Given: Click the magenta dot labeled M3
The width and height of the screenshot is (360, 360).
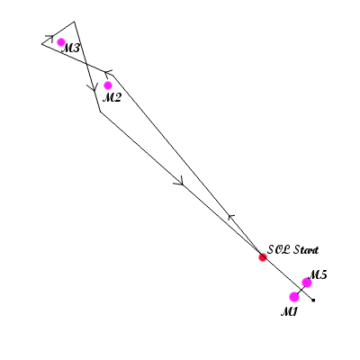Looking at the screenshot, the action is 61,42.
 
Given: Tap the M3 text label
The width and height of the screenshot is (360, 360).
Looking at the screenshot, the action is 71,48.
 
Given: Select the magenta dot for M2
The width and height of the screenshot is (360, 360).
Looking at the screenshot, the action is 108,85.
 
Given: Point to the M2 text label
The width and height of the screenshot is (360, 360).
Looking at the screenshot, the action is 112,97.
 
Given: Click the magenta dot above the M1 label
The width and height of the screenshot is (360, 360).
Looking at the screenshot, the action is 294,297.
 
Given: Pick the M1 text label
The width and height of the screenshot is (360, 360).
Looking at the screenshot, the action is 289,312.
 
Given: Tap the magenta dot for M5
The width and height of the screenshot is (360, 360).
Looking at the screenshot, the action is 307,283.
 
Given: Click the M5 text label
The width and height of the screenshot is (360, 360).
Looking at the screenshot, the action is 318,274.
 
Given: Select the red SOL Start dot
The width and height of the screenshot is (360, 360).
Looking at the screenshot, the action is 263,257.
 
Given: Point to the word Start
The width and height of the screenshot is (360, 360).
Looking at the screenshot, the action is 305,249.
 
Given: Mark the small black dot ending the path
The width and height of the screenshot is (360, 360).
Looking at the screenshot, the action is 313,300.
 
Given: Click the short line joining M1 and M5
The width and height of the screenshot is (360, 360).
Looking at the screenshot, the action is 301,290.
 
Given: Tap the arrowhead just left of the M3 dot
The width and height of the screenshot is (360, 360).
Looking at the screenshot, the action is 50,38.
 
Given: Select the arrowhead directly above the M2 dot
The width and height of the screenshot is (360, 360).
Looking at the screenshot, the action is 107,73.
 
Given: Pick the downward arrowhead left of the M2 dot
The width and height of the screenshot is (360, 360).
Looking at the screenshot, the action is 93,88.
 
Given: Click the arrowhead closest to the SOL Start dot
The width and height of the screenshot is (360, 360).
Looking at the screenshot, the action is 230,217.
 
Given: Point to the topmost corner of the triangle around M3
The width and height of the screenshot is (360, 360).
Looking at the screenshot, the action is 74,22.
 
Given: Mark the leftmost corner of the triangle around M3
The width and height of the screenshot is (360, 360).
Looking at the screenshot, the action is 41,44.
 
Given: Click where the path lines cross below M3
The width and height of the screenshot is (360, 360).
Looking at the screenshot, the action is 85,63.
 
